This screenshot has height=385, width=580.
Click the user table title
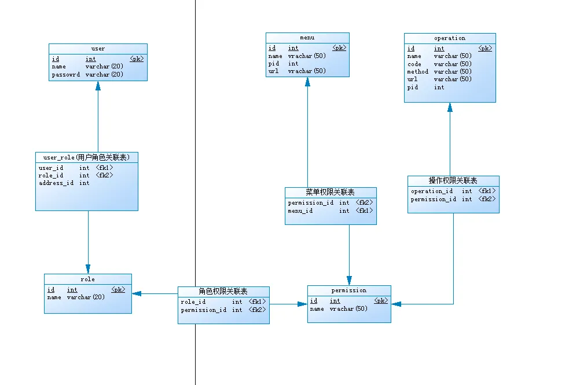98,49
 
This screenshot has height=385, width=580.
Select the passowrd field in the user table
66,74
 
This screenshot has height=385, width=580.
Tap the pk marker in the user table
137,59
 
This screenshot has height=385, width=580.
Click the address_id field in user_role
56,183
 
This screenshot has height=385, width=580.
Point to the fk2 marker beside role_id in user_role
105,175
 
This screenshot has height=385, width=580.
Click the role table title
87,279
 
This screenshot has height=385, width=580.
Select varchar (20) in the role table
86,297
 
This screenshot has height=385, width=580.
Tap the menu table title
307,38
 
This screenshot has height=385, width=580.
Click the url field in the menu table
274,71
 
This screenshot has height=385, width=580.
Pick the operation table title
450,38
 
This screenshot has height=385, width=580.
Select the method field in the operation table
418,71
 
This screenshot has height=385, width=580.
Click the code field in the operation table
414,64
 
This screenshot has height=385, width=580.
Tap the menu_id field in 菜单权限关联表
300,211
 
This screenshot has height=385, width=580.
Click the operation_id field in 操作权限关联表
432,191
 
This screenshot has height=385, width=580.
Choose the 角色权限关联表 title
223,292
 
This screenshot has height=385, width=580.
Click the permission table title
349,290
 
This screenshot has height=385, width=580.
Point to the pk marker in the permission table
381,301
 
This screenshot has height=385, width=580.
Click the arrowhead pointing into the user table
98,86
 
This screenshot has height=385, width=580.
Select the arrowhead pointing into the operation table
450,107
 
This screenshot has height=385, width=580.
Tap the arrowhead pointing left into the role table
137,294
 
